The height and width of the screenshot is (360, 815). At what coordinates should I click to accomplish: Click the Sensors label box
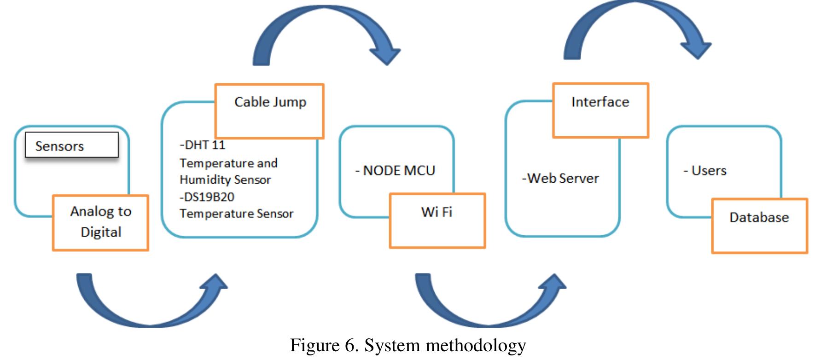tap(71, 145)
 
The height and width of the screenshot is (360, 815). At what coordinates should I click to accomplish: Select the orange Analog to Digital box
tap(100, 223)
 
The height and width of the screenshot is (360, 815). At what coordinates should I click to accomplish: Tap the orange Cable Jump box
tap(270, 111)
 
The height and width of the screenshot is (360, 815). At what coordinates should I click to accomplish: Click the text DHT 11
tap(203, 145)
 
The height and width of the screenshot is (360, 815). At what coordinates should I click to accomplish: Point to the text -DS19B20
tap(207, 197)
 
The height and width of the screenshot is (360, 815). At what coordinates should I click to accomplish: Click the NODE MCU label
tap(395, 171)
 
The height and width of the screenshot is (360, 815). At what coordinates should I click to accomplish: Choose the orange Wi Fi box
tap(437, 221)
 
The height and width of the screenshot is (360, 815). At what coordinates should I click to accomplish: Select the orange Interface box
tap(600, 110)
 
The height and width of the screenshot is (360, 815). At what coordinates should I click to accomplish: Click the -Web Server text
tap(560, 179)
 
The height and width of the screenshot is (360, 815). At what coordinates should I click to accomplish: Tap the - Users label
tap(705, 171)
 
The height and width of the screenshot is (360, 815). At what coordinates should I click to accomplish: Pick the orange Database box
tap(759, 226)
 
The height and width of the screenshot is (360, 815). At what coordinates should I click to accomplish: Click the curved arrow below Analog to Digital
tap(147, 313)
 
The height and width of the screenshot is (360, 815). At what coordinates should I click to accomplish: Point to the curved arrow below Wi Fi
tap(488, 313)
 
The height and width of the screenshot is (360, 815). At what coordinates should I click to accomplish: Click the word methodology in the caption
tap(476, 345)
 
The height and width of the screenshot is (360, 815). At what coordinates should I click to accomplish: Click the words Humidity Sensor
tap(225, 180)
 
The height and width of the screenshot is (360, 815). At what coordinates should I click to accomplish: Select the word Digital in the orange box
tap(101, 232)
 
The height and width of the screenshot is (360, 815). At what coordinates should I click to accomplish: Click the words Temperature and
tap(228, 163)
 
